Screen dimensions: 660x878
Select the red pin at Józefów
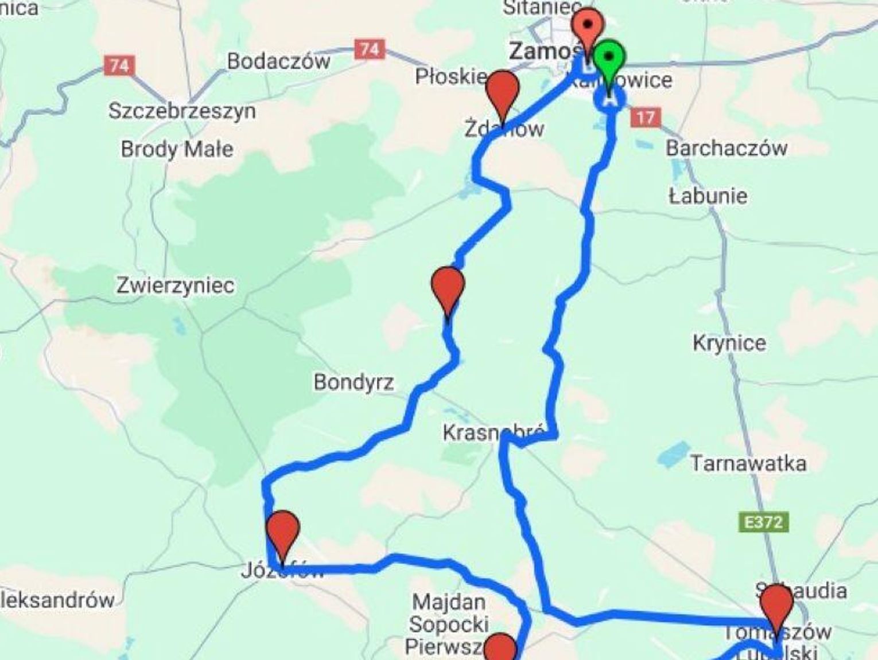(x=283, y=530)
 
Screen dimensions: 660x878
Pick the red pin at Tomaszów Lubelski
(x=776, y=604)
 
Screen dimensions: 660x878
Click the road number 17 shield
(x=645, y=118)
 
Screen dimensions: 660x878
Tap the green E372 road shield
(x=763, y=522)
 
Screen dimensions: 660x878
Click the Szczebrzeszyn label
(x=182, y=110)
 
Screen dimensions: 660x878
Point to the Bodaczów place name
(x=278, y=61)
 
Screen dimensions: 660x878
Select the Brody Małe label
(x=177, y=149)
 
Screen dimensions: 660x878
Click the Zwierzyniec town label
(x=175, y=285)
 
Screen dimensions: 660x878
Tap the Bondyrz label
(x=353, y=382)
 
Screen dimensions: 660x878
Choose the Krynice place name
(x=729, y=343)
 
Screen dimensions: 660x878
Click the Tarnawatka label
(x=748, y=463)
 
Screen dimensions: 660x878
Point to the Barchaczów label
(x=726, y=148)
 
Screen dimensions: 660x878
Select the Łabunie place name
(x=708, y=196)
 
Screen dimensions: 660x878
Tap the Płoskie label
(x=451, y=76)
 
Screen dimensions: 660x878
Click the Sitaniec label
(x=542, y=7)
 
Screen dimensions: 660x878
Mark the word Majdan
(x=449, y=602)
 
